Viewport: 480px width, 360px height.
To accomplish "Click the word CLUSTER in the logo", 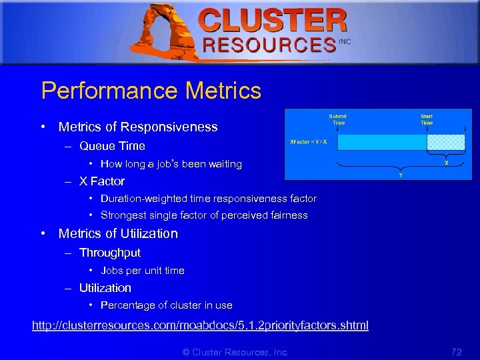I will [x=273, y=21].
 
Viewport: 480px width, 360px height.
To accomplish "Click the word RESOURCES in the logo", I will [x=269, y=45].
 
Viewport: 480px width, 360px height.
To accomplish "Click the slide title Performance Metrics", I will [x=151, y=91].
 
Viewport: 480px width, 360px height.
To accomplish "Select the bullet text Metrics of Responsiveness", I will [x=138, y=127].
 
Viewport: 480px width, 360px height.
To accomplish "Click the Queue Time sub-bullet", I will [x=112, y=146].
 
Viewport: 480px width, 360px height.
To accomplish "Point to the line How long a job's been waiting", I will [x=171, y=164].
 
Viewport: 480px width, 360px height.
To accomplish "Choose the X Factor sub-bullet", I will [x=102, y=181].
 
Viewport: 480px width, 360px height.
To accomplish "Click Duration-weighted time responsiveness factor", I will [x=208, y=199].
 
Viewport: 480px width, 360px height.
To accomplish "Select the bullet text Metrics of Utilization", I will [x=118, y=233].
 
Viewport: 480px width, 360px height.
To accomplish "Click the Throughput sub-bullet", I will [x=110, y=253].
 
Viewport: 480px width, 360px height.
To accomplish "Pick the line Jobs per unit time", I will [x=143, y=271].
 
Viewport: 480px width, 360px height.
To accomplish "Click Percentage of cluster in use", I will [x=166, y=305].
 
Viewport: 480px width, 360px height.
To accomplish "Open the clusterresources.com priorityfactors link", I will [x=200, y=325].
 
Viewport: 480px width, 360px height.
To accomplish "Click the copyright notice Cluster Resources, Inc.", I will [x=235, y=352].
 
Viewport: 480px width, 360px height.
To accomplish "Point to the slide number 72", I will [x=457, y=351].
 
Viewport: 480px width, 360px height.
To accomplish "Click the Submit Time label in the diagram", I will [x=338, y=119].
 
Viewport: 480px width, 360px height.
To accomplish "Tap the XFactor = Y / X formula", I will [x=309, y=142].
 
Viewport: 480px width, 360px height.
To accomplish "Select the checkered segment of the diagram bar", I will [x=445, y=142].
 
